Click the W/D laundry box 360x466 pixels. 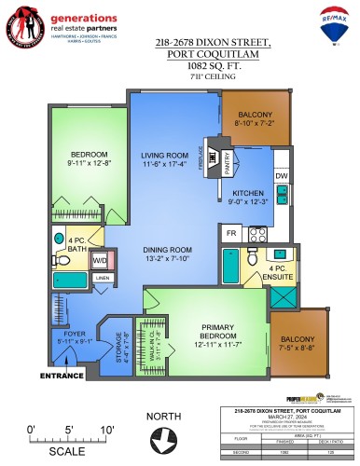coord(99,260)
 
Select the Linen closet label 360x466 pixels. coord(103,278)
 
